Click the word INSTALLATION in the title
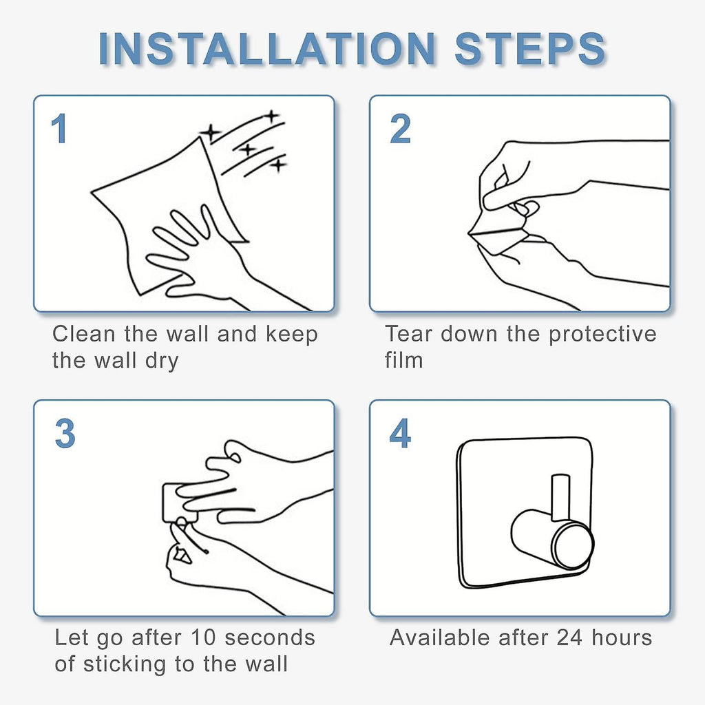(267, 49)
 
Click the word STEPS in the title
(530, 49)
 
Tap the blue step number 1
(60, 129)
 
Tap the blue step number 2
(400, 129)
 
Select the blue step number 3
(65, 434)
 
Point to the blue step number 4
(400, 434)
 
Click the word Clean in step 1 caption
(84, 334)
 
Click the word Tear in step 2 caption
(409, 334)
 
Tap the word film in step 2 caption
(403, 359)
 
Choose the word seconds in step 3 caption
(270, 638)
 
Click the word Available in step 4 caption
(440, 638)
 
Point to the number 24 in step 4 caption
(570, 638)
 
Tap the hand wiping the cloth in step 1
(211, 261)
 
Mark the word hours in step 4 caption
(622, 638)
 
